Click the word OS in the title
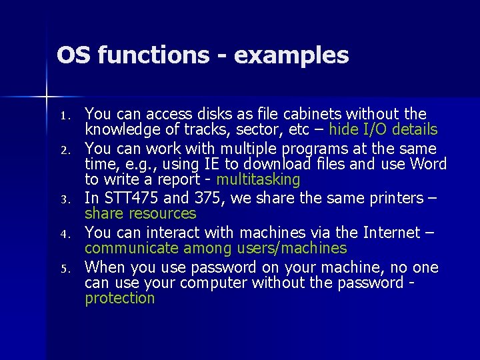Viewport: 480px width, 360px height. tap(73, 55)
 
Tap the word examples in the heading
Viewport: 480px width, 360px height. tap(291, 56)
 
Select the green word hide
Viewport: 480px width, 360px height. tap(344, 129)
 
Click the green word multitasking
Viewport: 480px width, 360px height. tap(259, 179)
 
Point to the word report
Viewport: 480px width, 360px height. tap(177, 179)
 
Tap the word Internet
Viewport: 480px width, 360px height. tap(390, 233)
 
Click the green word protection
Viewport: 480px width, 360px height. tap(119, 298)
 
